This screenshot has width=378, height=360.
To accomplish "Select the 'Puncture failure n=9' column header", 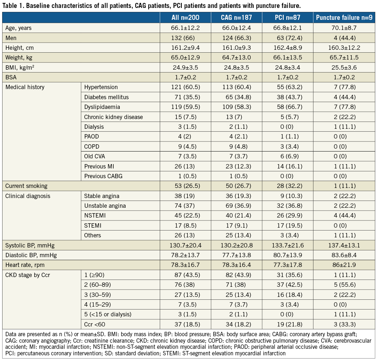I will click(x=344, y=18).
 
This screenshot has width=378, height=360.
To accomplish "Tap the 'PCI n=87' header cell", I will click(x=288, y=18).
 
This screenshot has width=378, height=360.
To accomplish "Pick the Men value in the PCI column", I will click(x=288, y=38).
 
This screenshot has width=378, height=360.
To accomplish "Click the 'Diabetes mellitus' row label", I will click(x=106, y=97).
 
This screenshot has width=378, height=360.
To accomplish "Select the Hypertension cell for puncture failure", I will click(x=344, y=87).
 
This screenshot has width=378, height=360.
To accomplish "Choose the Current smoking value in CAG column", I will click(x=236, y=186).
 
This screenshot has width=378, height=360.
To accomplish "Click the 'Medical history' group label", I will click(x=25, y=87).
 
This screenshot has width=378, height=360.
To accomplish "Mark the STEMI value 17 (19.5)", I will click(x=288, y=225).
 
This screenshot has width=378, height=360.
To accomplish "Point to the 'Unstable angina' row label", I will click(x=105, y=206).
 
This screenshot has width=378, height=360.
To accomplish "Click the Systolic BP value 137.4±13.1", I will click(x=344, y=245).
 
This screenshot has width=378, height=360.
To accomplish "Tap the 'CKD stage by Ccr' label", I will click(x=28, y=275).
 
